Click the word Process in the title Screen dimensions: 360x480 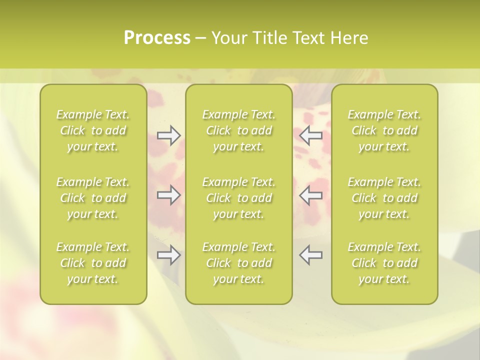click(x=157, y=38)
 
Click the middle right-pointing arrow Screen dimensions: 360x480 click(x=168, y=195)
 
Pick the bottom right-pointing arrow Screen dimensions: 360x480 click(x=168, y=255)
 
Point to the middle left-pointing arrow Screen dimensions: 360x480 click(x=310, y=195)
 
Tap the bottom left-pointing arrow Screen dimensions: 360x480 click(x=310, y=255)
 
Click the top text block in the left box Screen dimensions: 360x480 click(x=93, y=130)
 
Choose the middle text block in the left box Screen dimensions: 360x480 click(x=93, y=198)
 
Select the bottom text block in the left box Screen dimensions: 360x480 click(x=93, y=263)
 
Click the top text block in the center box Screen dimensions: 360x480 click(x=239, y=130)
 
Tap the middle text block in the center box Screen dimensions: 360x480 click(x=239, y=198)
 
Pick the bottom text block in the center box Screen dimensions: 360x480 click(x=239, y=263)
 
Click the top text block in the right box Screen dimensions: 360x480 click(x=384, y=130)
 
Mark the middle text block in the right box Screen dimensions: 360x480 click(x=384, y=198)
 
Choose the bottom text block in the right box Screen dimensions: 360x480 click(x=384, y=263)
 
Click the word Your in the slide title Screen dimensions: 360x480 click(x=228, y=38)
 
